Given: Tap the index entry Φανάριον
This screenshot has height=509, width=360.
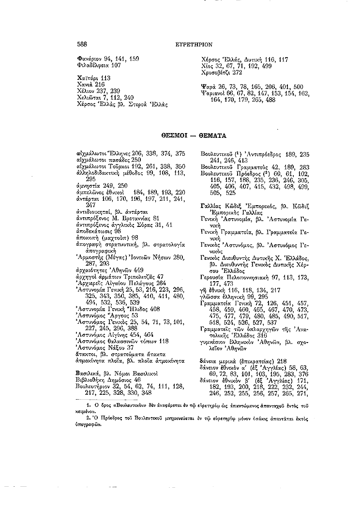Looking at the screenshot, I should click(90, 59).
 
